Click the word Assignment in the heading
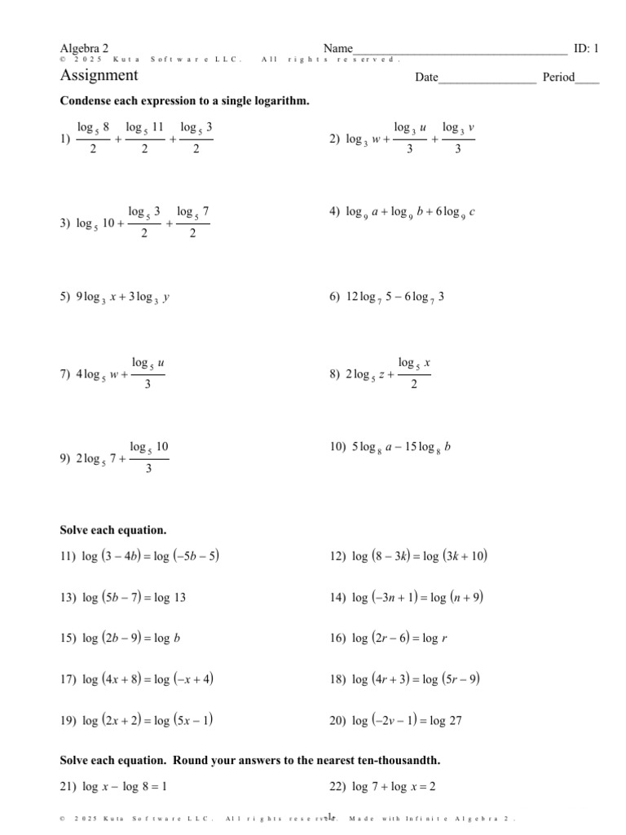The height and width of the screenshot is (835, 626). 99,76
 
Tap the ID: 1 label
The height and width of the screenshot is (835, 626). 586,48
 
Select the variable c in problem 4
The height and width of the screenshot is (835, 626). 472,212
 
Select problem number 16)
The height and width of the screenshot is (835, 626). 337,638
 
